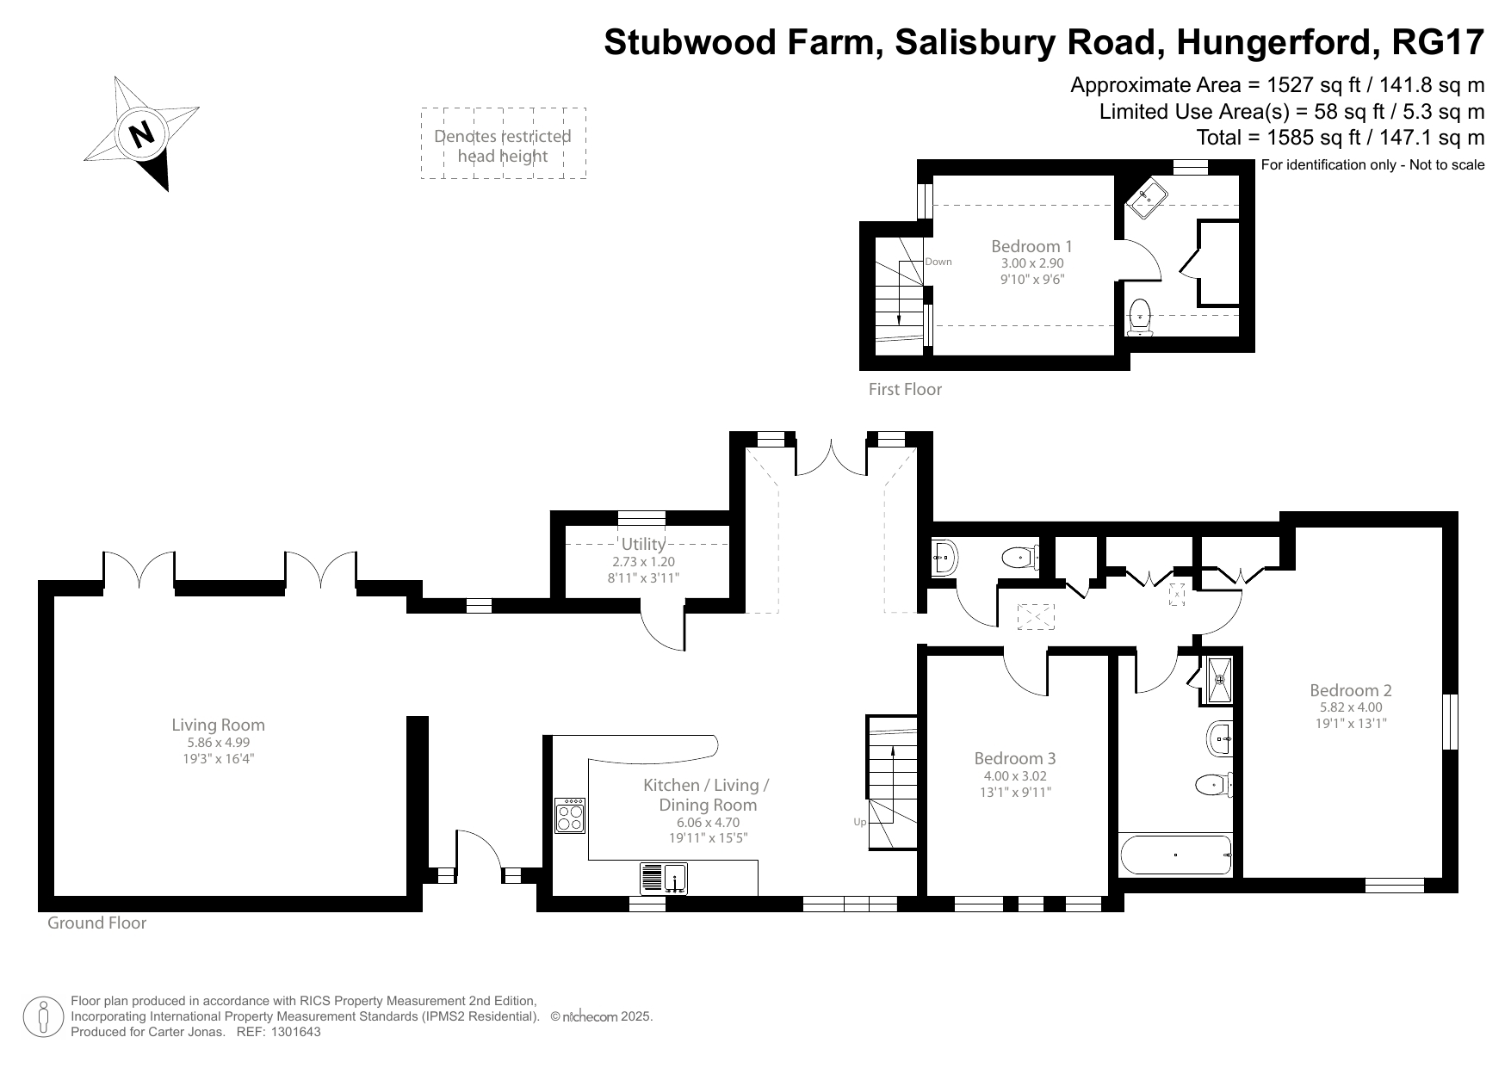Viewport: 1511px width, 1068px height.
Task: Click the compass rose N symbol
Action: tap(141, 133)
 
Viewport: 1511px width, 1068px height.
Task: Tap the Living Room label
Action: tap(218, 725)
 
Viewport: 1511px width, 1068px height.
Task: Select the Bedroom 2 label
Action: tap(1350, 689)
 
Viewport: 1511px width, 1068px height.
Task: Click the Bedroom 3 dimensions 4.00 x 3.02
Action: tap(1015, 775)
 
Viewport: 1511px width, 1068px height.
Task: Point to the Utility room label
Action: tap(643, 544)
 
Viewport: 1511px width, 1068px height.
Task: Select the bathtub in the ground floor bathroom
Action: tap(1175, 855)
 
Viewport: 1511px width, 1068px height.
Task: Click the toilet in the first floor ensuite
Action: tap(1140, 316)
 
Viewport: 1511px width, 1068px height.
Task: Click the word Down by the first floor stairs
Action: tap(938, 262)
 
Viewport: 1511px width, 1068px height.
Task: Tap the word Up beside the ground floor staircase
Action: tap(859, 822)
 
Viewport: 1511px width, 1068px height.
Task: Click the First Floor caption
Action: tap(905, 389)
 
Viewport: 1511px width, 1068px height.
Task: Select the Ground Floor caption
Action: tap(96, 923)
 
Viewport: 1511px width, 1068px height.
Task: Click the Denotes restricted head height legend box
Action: tap(503, 144)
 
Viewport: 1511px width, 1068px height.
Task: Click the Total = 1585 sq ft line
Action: tap(1340, 138)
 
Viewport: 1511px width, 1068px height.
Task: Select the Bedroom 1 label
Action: tap(1031, 246)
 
